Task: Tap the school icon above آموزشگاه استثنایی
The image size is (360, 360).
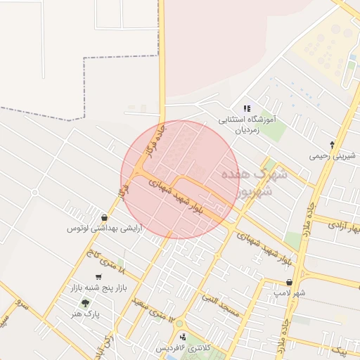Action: coord(247,108)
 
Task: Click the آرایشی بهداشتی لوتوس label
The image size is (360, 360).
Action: coord(100,229)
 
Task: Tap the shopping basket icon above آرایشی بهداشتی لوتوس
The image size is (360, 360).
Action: coord(105,217)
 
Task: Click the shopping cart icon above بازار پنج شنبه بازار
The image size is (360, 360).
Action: coord(98,277)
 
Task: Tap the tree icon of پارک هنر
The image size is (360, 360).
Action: coord(86,304)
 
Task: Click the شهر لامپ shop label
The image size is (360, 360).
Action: coord(290,292)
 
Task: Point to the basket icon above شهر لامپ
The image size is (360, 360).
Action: coord(289,282)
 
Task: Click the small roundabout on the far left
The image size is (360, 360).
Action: coord(34,191)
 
